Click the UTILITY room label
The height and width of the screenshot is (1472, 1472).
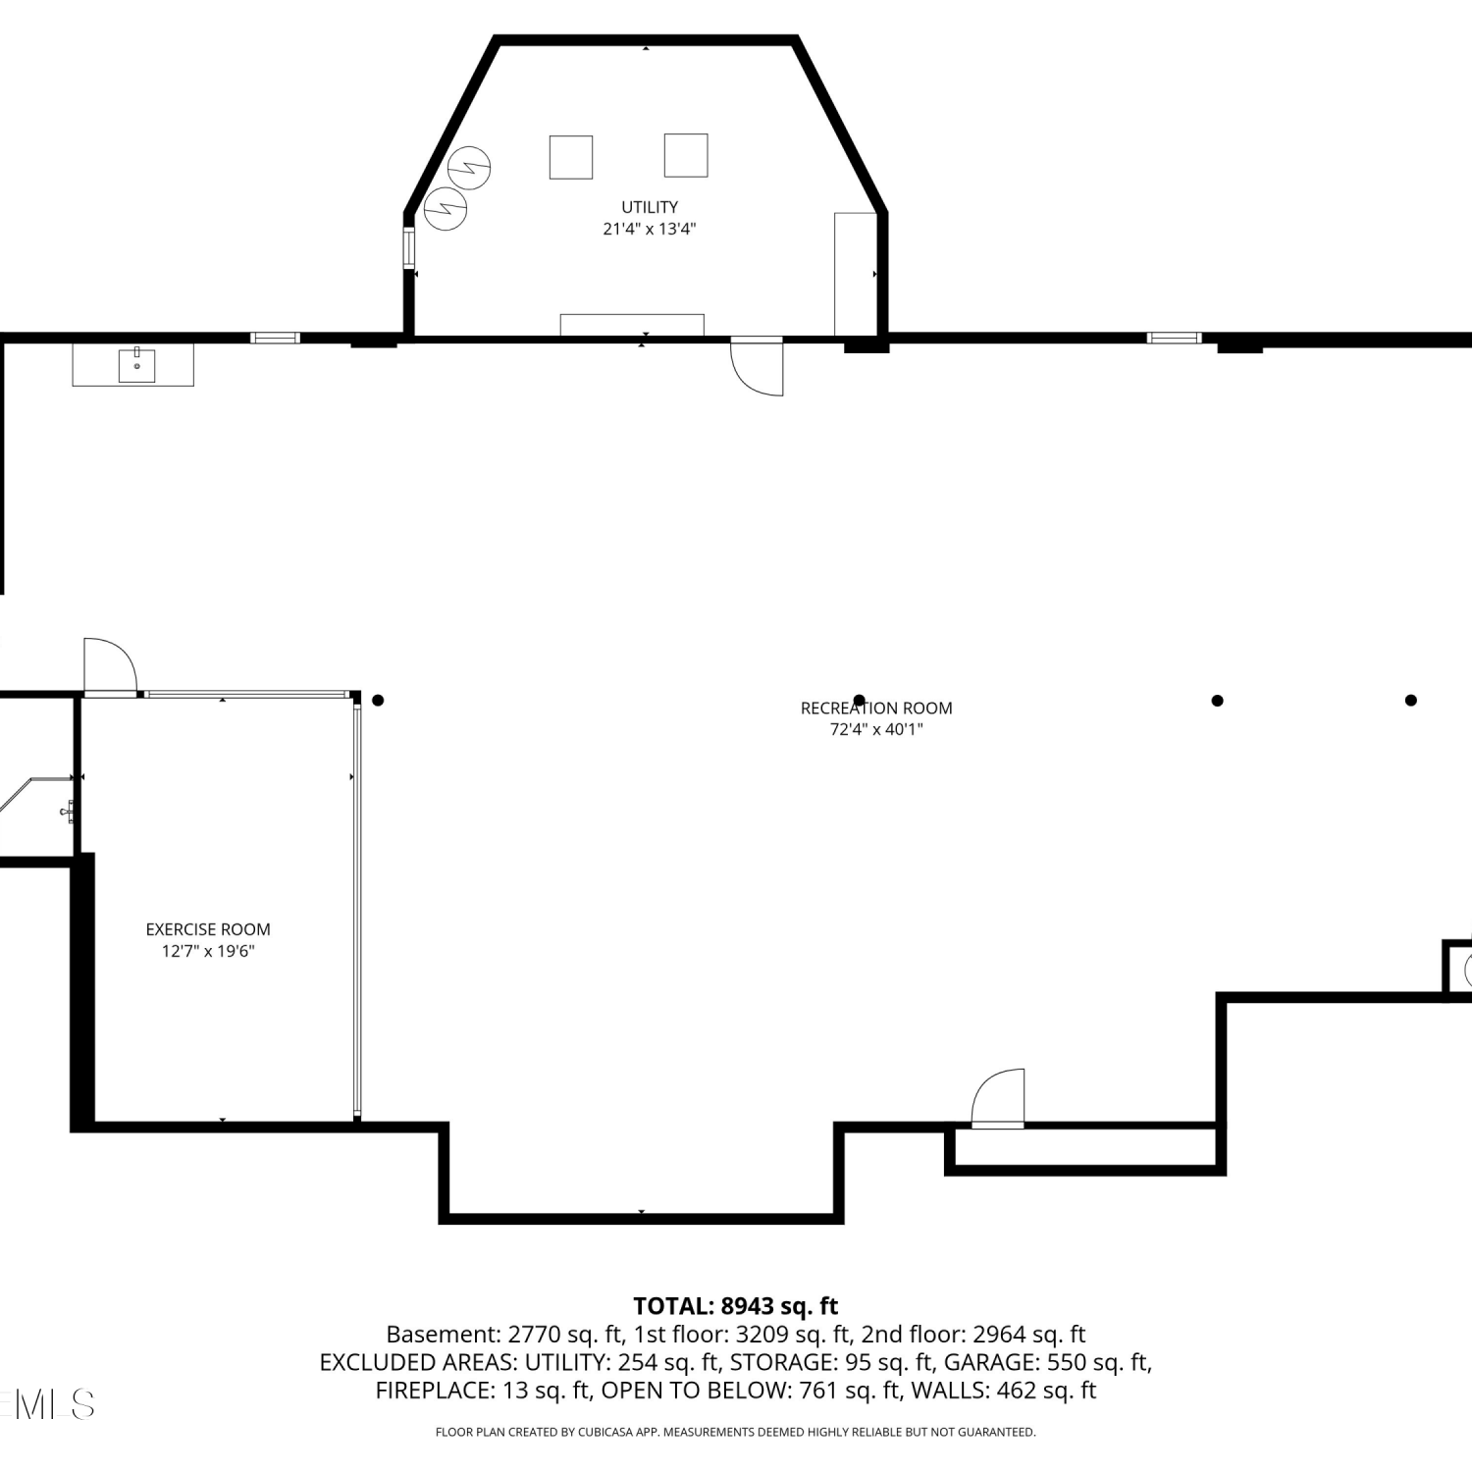650,207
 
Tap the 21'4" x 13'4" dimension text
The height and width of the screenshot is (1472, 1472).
650,229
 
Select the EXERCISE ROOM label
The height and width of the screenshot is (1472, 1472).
208,929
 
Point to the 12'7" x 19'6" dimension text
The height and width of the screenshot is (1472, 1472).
208,951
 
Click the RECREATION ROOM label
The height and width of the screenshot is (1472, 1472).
876,708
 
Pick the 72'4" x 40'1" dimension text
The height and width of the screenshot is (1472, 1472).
876,729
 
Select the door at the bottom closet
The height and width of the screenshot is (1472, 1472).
998,1098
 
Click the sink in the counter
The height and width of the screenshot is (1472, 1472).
136,365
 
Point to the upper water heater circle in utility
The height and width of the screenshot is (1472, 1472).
470,168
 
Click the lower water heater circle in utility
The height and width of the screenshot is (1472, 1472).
446,208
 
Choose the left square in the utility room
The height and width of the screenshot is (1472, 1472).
571,157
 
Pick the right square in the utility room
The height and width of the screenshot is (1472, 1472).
686,155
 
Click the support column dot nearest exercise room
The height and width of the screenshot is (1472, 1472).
378,700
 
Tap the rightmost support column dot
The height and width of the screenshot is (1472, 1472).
1411,700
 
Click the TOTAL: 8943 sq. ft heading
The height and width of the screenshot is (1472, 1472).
736,1306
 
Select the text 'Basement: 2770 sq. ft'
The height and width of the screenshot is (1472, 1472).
504,1335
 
